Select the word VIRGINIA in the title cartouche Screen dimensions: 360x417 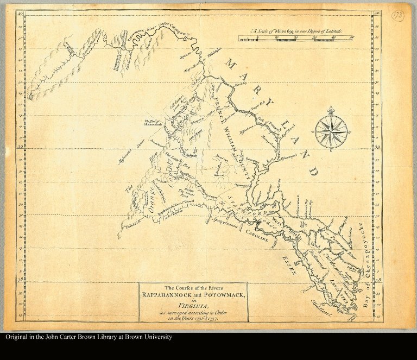click(x=193, y=306)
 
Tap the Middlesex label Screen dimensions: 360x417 click(x=321, y=307)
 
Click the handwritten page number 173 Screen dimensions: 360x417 click(x=397, y=16)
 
